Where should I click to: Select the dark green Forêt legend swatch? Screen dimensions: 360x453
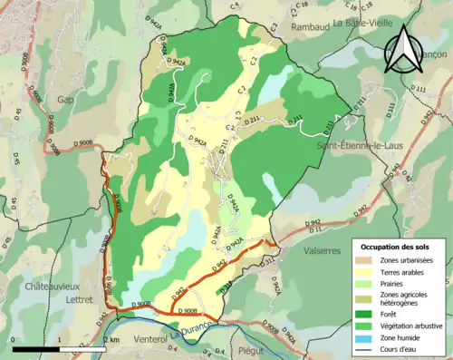(x=369, y=306)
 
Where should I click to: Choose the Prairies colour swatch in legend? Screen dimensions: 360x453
(x=369, y=282)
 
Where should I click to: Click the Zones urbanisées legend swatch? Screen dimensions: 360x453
(x=369, y=259)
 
